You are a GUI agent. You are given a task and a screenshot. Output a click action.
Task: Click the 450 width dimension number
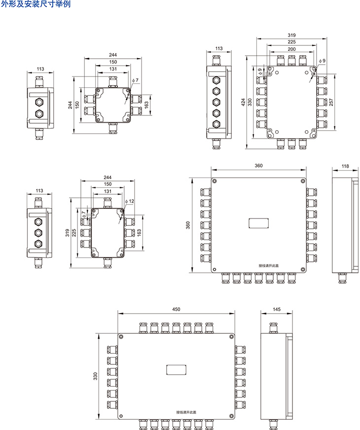pos(176,309)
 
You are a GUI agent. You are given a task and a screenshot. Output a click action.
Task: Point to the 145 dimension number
pos(276,309)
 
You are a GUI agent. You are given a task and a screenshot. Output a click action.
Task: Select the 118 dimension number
pos(346,167)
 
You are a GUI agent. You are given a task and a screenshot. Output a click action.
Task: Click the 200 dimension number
pos(291,50)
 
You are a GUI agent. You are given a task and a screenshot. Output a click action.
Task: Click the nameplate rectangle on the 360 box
pos(259,223)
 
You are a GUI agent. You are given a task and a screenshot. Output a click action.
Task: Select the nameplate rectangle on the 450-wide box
pos(176,369)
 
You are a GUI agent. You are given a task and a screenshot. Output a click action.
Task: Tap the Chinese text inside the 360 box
pos(269,265)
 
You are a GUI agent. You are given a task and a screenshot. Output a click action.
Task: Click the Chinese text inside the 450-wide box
pos(186,412)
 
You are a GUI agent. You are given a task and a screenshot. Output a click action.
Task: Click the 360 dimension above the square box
pos(258,166)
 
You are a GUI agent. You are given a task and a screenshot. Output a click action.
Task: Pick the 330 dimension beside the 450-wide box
pos(95,376)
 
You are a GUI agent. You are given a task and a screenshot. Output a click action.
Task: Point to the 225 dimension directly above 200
pos(291,42)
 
